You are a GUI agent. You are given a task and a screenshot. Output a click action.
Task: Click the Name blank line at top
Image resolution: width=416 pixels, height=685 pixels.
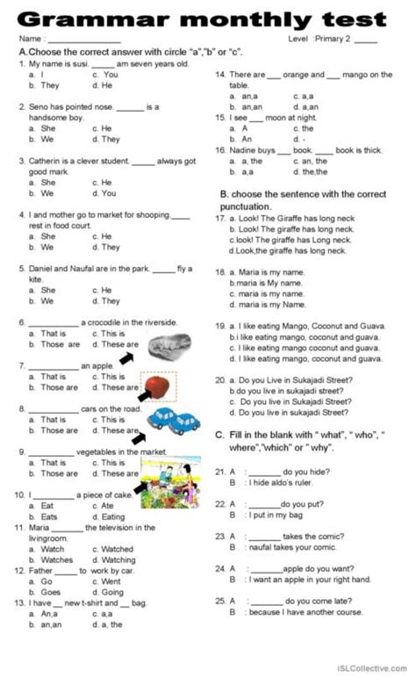coord(83,40)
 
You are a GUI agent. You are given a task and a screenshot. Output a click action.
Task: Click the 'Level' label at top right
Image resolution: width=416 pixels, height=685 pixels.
coord(298,40)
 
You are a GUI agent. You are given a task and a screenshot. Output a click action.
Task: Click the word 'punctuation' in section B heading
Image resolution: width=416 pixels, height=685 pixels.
coord(254,205)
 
